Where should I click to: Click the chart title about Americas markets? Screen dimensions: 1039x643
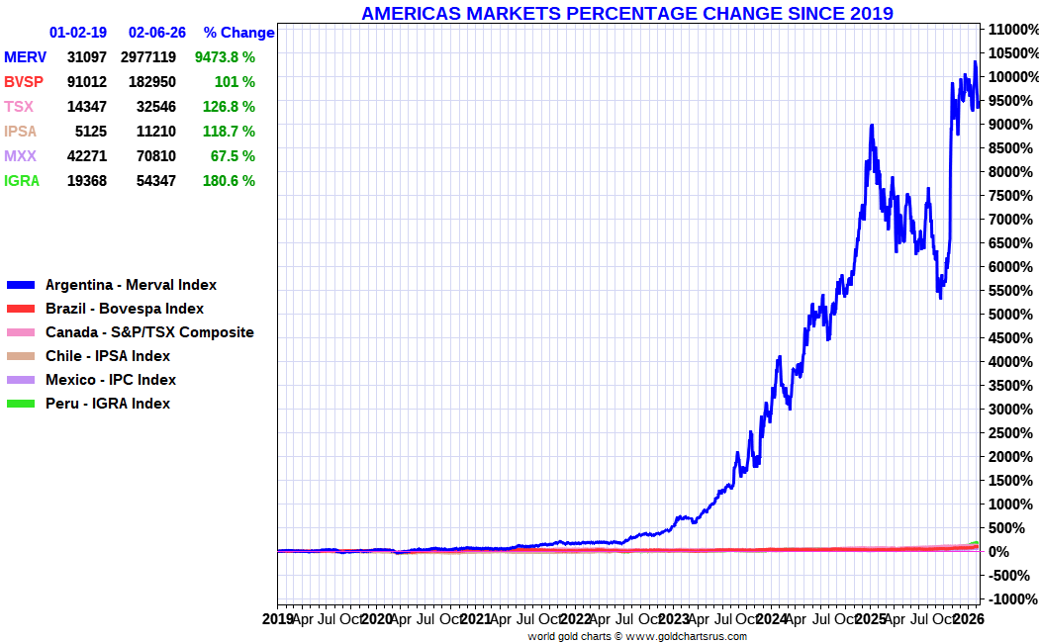point(626,13)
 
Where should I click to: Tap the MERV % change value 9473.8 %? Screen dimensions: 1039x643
point(225,57)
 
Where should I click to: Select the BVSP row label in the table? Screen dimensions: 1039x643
point(24,82)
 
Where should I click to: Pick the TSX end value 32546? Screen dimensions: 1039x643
point(156,107)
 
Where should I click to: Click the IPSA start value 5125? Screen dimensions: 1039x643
point(91,132)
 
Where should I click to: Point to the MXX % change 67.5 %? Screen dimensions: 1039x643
point(229,156)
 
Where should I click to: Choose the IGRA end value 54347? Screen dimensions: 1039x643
point(156,181)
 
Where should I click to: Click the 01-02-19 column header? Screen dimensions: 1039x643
point(78,33)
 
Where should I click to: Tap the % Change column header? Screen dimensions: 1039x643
point(238,33)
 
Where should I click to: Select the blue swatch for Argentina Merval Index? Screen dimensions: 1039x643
point(21,286)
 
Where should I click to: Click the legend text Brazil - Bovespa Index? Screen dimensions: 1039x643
point(125,309)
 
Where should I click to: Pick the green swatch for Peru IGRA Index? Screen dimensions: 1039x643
point(21,404)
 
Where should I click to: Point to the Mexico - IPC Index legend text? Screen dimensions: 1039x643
point(111,380)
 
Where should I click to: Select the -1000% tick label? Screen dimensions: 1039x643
point(1012,599)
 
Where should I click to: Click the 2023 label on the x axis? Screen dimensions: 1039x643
point(674,619)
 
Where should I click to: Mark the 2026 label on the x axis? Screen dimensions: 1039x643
point(968,619)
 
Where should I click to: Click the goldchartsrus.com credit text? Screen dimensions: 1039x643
point(637,636)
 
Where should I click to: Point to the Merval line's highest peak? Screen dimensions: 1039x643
point(975,61)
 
